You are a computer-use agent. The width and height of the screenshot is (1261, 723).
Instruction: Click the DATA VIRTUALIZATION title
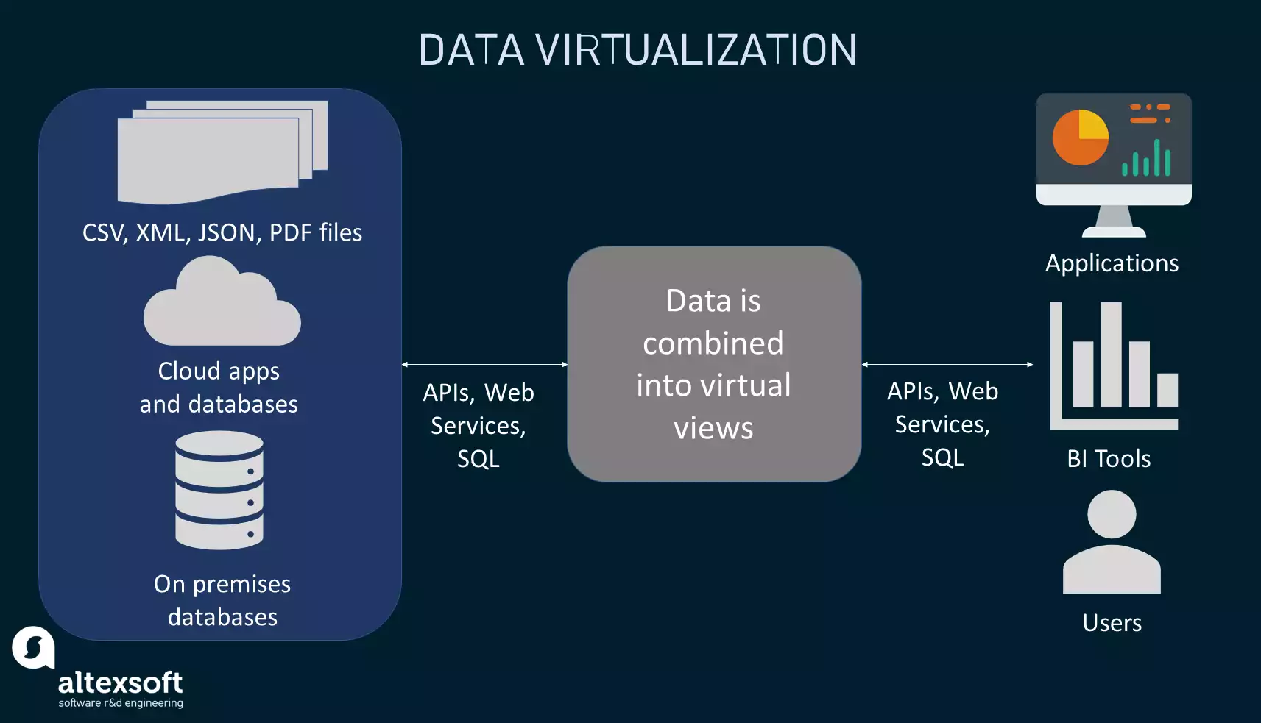637,50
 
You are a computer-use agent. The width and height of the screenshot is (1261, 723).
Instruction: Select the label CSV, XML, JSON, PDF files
222,232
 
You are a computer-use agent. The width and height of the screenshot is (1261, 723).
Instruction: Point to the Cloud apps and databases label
219,387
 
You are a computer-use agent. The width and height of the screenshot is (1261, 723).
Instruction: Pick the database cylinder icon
219,490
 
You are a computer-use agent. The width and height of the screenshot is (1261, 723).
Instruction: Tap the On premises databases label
222,600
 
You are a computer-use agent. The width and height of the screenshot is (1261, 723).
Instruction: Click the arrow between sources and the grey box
484,364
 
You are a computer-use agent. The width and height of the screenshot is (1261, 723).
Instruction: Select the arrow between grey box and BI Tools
947,364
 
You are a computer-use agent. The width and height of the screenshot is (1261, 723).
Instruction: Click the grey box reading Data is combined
714,364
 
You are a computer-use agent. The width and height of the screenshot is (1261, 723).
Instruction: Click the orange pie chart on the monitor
1080,138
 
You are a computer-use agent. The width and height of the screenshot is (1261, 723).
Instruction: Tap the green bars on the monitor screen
1147,159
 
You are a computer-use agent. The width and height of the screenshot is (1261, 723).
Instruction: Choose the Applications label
1112,263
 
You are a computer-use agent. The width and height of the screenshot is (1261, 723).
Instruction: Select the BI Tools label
1109,459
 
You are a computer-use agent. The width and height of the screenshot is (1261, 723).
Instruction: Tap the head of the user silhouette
1112,514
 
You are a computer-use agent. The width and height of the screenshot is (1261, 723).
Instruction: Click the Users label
1112,623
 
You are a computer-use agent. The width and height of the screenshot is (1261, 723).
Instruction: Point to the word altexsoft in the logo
120,683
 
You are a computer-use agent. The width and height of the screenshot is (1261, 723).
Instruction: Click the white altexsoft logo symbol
33,647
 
